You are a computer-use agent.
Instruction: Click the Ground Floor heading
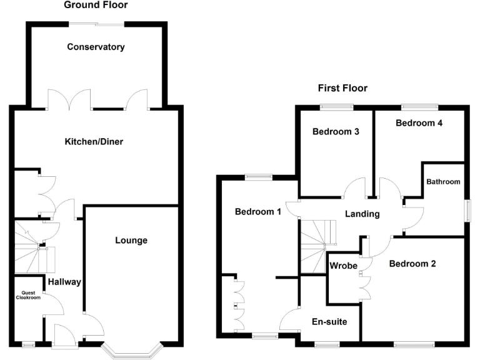coord(96,5)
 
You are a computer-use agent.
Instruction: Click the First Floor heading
coord(342,88)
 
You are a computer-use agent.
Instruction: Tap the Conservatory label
coord(96,47)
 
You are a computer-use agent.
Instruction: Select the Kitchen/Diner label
coord(94,142)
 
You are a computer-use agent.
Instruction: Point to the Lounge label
coord(131,240)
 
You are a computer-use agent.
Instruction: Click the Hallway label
coord(64,282)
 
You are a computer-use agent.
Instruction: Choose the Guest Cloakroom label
coord(27,295)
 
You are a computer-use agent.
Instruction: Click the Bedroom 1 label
coord(257,212)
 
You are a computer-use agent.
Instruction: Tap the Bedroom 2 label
coord(412,264)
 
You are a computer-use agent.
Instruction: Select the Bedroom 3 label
coord(336,132)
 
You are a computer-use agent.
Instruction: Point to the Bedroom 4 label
coord(419,123)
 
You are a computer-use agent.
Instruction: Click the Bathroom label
coord(443,182)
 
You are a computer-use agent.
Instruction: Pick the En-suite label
coord(329,322)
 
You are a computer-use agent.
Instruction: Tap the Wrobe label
coord(344,266)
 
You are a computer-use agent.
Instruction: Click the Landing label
coord(362,214)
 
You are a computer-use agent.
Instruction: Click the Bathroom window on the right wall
coord(466,210)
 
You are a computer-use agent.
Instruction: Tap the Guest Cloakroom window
coord(27,343)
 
